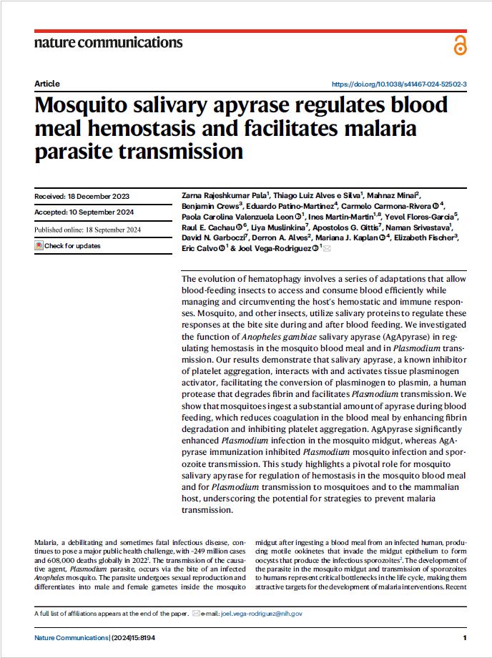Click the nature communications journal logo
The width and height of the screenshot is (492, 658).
point(108,42)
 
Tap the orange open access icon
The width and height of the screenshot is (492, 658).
point(459,45)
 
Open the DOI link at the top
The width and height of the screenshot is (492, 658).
point(400,84)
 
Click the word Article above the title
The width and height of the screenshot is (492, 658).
point(47,84)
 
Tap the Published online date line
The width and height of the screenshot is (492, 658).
point(88,230)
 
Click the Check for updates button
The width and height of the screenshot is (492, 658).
point(68,246)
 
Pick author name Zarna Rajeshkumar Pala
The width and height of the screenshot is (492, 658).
point(222,195)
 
